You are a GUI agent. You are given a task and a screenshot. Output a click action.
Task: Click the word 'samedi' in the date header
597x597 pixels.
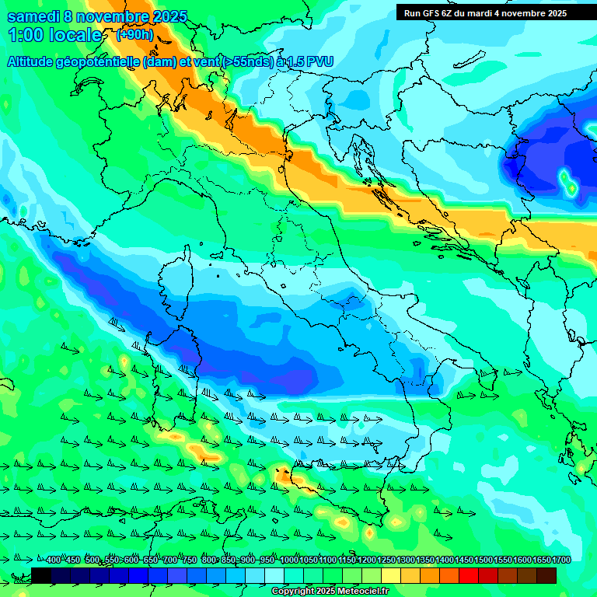coord(31,16)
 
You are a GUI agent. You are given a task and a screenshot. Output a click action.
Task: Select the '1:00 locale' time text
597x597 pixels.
coord(54,35)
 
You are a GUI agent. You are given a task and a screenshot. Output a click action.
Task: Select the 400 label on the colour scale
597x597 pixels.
coord(53,560)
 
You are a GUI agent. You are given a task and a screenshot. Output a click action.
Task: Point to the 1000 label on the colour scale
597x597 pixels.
coord(288,560)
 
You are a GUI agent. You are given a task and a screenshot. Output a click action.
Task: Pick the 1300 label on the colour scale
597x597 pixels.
coord(405,560)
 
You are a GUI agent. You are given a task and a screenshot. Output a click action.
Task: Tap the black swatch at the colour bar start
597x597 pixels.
coord(40,575)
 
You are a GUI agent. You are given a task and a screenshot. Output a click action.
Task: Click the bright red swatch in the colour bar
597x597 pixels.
coord(469,575)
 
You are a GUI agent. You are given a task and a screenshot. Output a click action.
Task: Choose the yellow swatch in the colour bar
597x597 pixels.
coord(391,575)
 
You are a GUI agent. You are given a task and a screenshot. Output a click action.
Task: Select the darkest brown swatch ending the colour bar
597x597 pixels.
coord(546,575)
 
